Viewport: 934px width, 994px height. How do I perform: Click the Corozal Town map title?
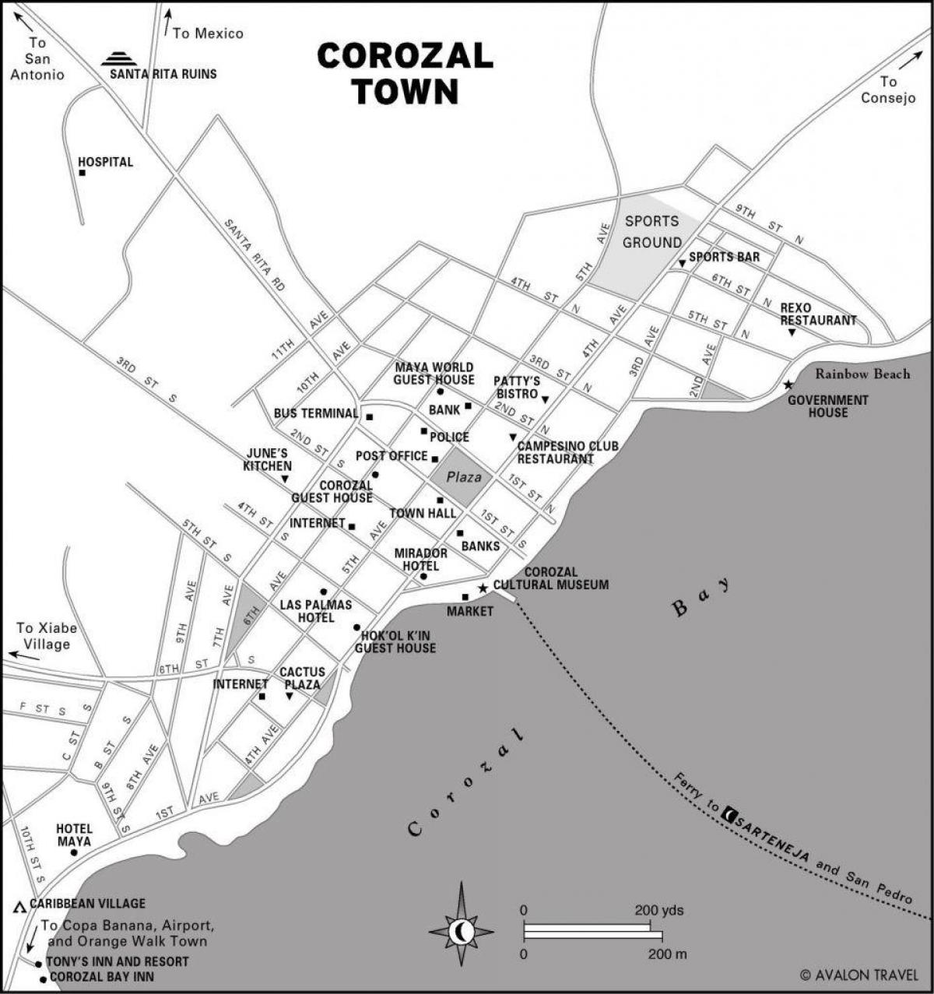[x=405, y=73]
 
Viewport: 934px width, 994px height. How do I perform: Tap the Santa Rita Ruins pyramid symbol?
[x=119, y=58]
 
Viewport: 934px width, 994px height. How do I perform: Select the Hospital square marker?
[x=82, y=173]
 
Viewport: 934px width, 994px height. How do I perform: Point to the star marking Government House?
[x=788, y=385]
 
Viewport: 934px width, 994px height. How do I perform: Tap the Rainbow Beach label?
[x=862, y=374]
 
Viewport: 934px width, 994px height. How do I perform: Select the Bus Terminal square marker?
[x=370, y=417]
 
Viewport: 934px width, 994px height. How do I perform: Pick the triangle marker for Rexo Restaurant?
[x=792, y=332]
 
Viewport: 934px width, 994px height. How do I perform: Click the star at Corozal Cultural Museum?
[x=483, y=588]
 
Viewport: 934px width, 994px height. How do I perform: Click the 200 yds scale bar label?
[x=658, y=910]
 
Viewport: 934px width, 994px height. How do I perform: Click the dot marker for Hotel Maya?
[x=74, y=852]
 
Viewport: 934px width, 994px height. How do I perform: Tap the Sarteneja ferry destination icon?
[x=729, y=814]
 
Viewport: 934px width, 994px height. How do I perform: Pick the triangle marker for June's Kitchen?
[x=286, y=479]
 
